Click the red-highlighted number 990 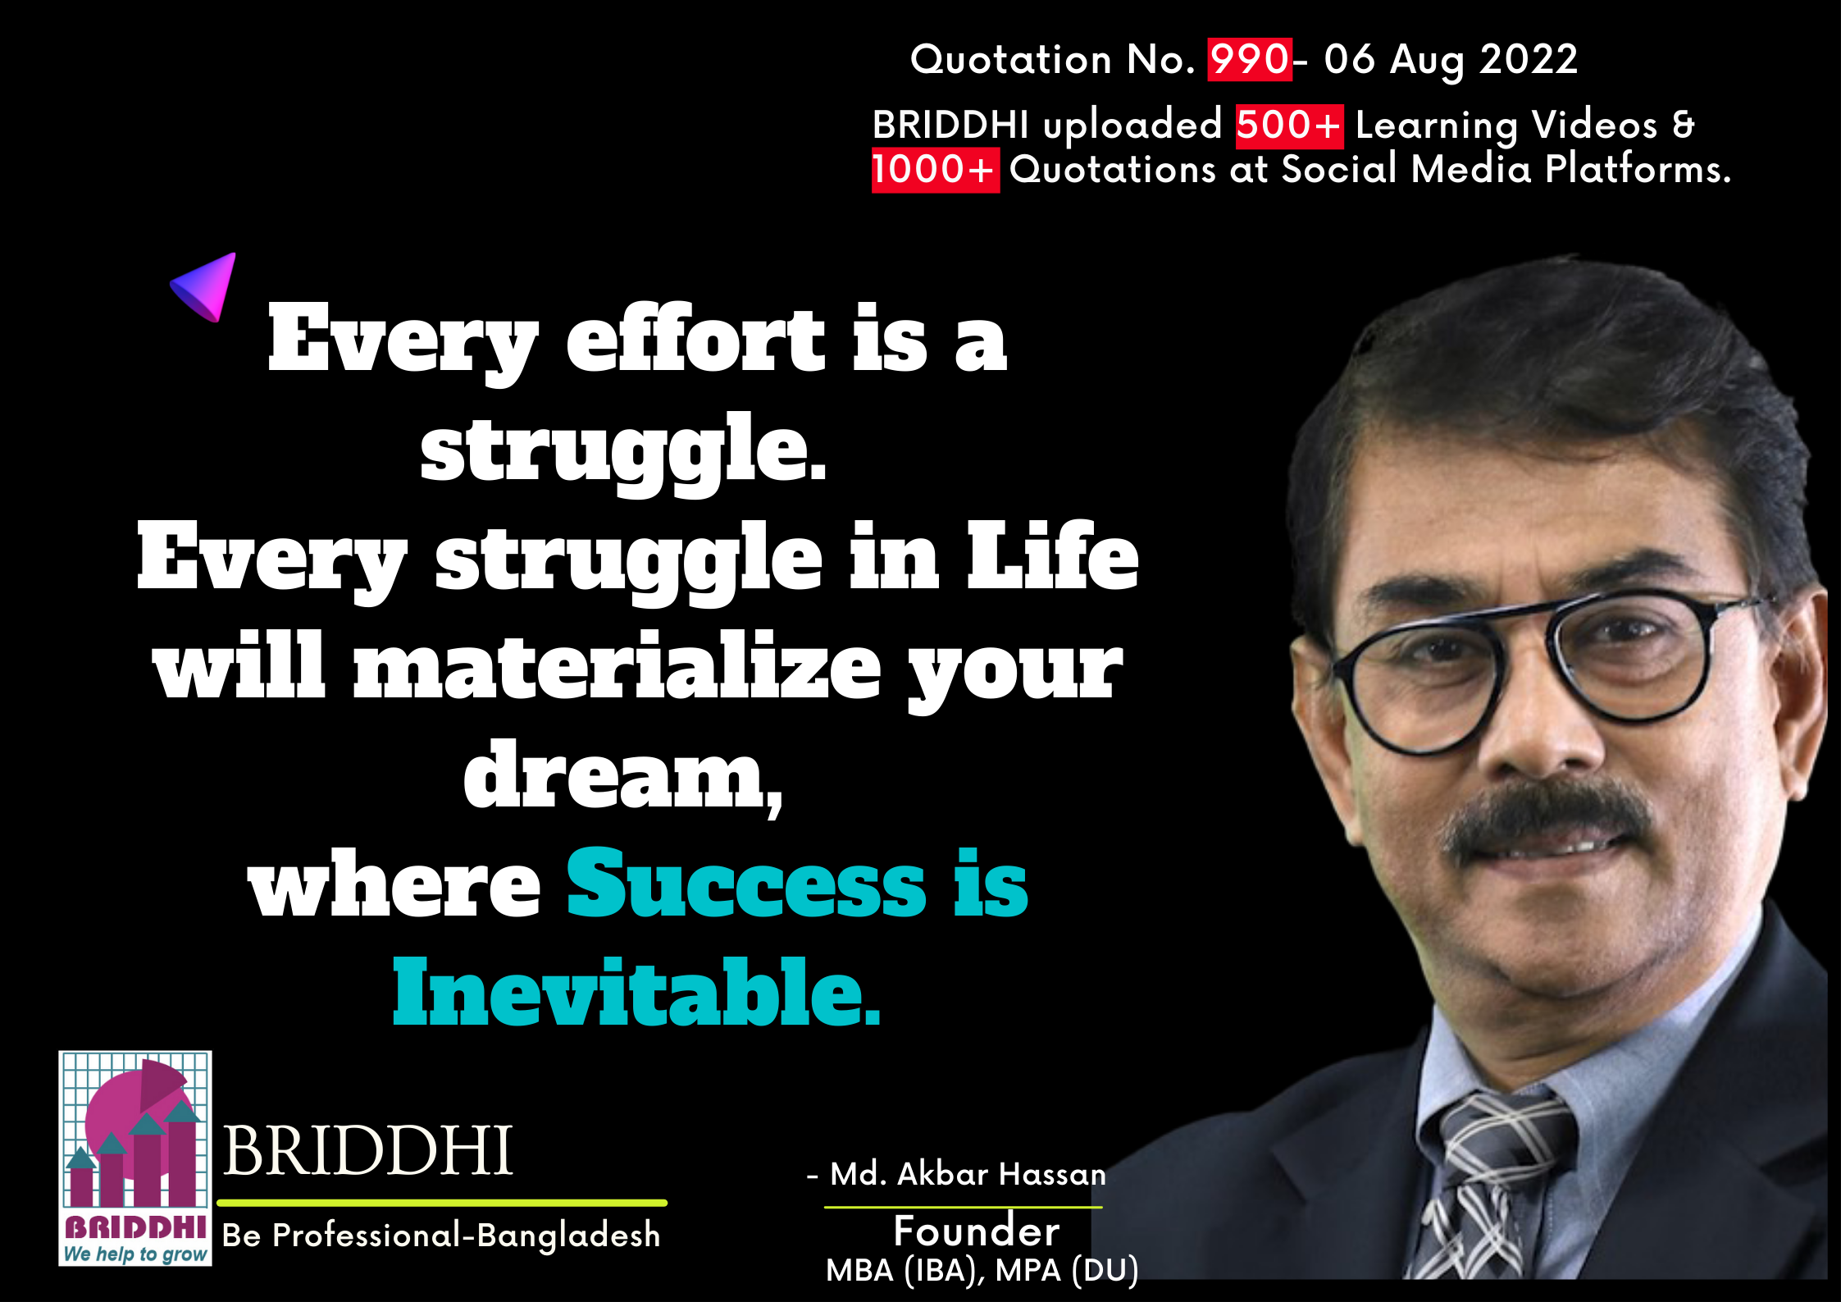(x=1249, y=59)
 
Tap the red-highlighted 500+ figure (x=1289, y=126)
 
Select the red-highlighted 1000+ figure (x=935, y=170)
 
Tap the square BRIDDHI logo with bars (x=135, y=1158)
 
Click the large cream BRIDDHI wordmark (x=368, y=1150)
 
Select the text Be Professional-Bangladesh (x=441, y=1235)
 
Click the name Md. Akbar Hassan (x=968, y=1174)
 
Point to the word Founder (x=977, y=1231)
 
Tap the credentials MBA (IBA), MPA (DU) (x=982, y=1271)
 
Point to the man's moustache (x=1547, y=820)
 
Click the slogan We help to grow (x=135, y=1254)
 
